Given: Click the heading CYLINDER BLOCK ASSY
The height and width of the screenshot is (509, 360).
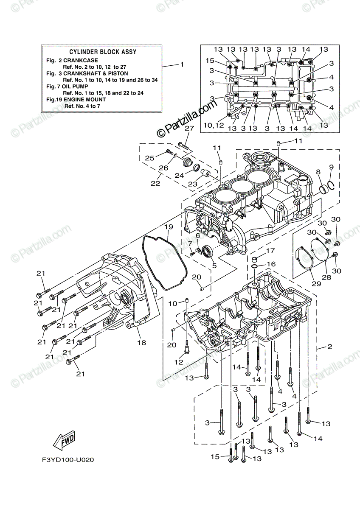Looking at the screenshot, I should [x=102, y=52].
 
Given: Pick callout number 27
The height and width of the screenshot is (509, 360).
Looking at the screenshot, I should [x=189, y=129].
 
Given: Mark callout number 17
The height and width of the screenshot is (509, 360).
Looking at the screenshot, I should [x=270, y=251].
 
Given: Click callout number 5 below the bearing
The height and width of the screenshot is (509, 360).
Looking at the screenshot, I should [x=214, y=266].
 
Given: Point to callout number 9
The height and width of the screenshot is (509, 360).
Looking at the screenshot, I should [x=331, y=167].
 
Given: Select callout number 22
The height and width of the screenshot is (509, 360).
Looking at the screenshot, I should [x=155, y=183].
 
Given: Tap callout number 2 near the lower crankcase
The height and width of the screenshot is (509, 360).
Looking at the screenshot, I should [x=329, y=347].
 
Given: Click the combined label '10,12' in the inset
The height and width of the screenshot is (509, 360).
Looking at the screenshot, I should [x=213, y=126].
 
